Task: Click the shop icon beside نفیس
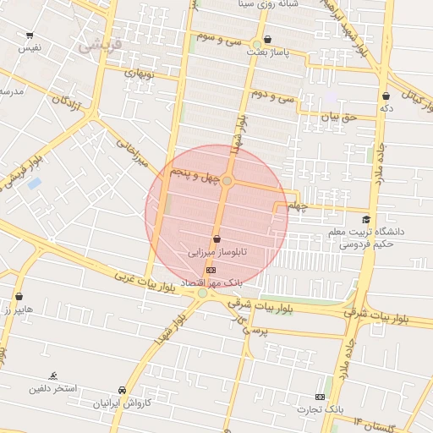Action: point(30,36)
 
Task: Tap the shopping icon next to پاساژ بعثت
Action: point(268,39)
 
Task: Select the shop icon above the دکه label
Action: point(386,96)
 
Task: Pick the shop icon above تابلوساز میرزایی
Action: point(217,239)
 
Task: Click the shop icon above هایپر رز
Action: point(19,297)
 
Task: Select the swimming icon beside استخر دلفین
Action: point(53,375)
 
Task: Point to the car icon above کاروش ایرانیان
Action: point(123,390)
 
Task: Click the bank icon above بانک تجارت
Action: point(320,397)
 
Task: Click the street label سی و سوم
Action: point(217,38)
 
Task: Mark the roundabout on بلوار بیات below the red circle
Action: point(203,293)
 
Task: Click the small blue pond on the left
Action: point(35,183)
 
